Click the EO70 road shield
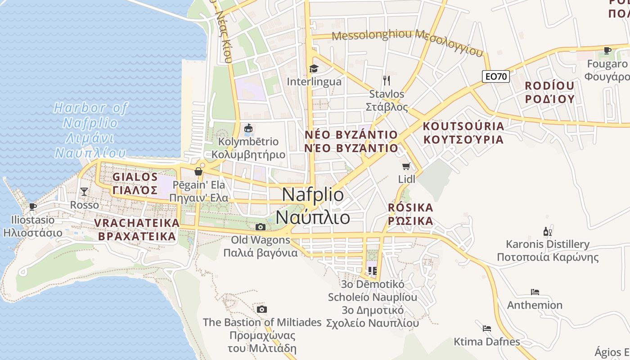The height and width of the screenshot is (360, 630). click(x=497, y=76)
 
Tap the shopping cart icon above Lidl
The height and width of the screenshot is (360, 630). click(x=406, y=166)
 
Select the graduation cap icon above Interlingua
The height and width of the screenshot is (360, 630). click(x=314, y=68)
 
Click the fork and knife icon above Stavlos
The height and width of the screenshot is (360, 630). click(x=387, y=81)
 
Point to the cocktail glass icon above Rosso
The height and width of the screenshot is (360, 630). click(x=84, y=192)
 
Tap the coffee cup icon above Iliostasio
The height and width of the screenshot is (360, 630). click(x=32, y=207)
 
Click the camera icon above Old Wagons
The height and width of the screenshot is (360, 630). click(x=261, y=227)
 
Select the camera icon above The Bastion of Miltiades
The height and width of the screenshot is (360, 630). click(x=262, y=309)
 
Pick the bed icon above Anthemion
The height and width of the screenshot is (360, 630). click(x=535, y=292)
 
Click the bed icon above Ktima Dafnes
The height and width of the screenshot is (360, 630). click(x=486, y=328)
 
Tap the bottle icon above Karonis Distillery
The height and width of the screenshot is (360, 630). click(x=547, y=232)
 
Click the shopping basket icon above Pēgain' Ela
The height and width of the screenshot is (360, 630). click(x=198, y=171)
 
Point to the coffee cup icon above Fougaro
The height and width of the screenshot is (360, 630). click(x=607, y=50)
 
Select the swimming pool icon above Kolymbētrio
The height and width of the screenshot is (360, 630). click(x=248, y=129)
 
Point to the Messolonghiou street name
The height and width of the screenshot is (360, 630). click(x=373, y=35)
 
